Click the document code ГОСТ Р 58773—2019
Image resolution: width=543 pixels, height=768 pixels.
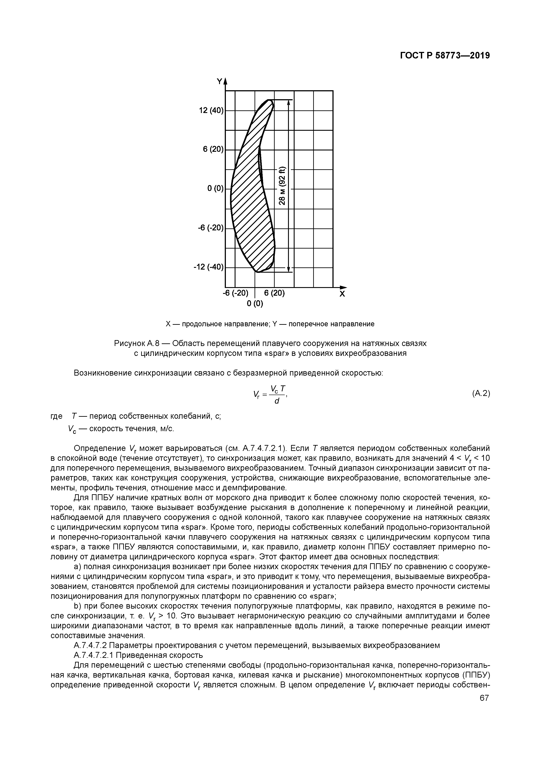(445, 56)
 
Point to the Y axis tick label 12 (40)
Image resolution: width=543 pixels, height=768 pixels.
(211, 110)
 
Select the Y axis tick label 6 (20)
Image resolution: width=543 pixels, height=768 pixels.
(213, 149)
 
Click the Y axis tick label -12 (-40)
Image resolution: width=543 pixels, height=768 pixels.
(208, 267)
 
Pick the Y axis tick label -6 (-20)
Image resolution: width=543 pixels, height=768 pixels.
(210, 228)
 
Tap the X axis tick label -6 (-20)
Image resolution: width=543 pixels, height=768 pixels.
(236, 293)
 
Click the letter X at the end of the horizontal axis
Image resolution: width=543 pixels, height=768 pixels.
(342, 294)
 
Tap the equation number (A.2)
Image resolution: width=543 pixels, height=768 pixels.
(481, 394)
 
